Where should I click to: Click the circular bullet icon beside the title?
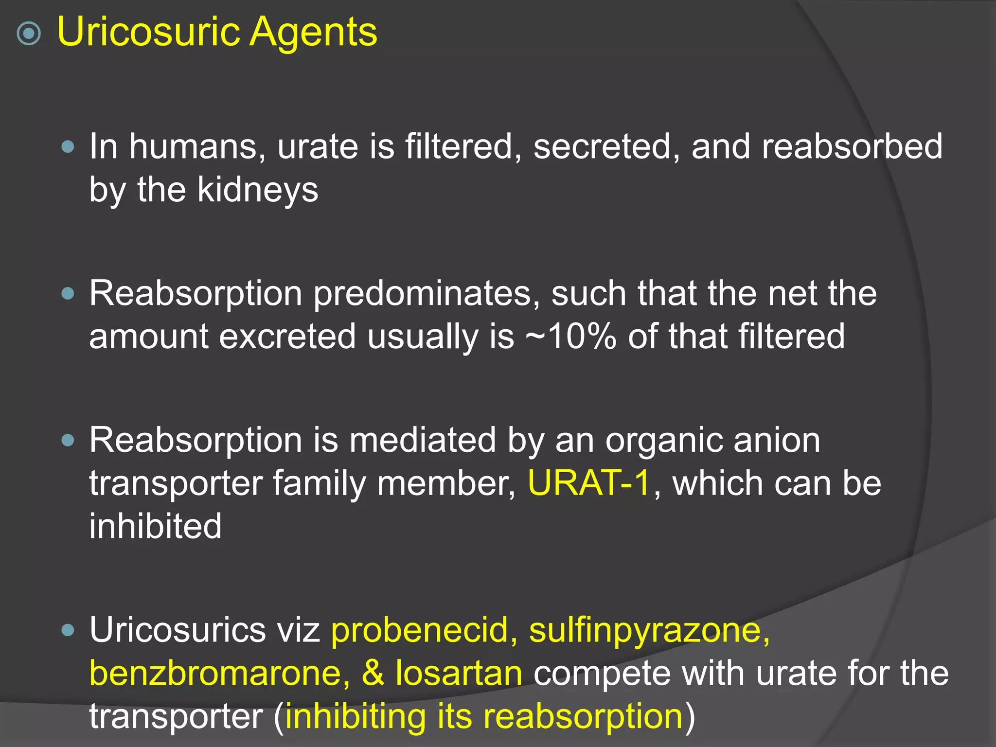pos(29,34)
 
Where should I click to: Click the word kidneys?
pos(258,190)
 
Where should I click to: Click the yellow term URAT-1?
pos(589,483)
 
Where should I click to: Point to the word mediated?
pos(423,441)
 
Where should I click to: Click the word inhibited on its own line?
pos(155,527)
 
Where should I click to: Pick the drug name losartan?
pos(459,674)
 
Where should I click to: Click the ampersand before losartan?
pos(373,674)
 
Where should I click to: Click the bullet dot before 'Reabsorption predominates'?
pos(69,293)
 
